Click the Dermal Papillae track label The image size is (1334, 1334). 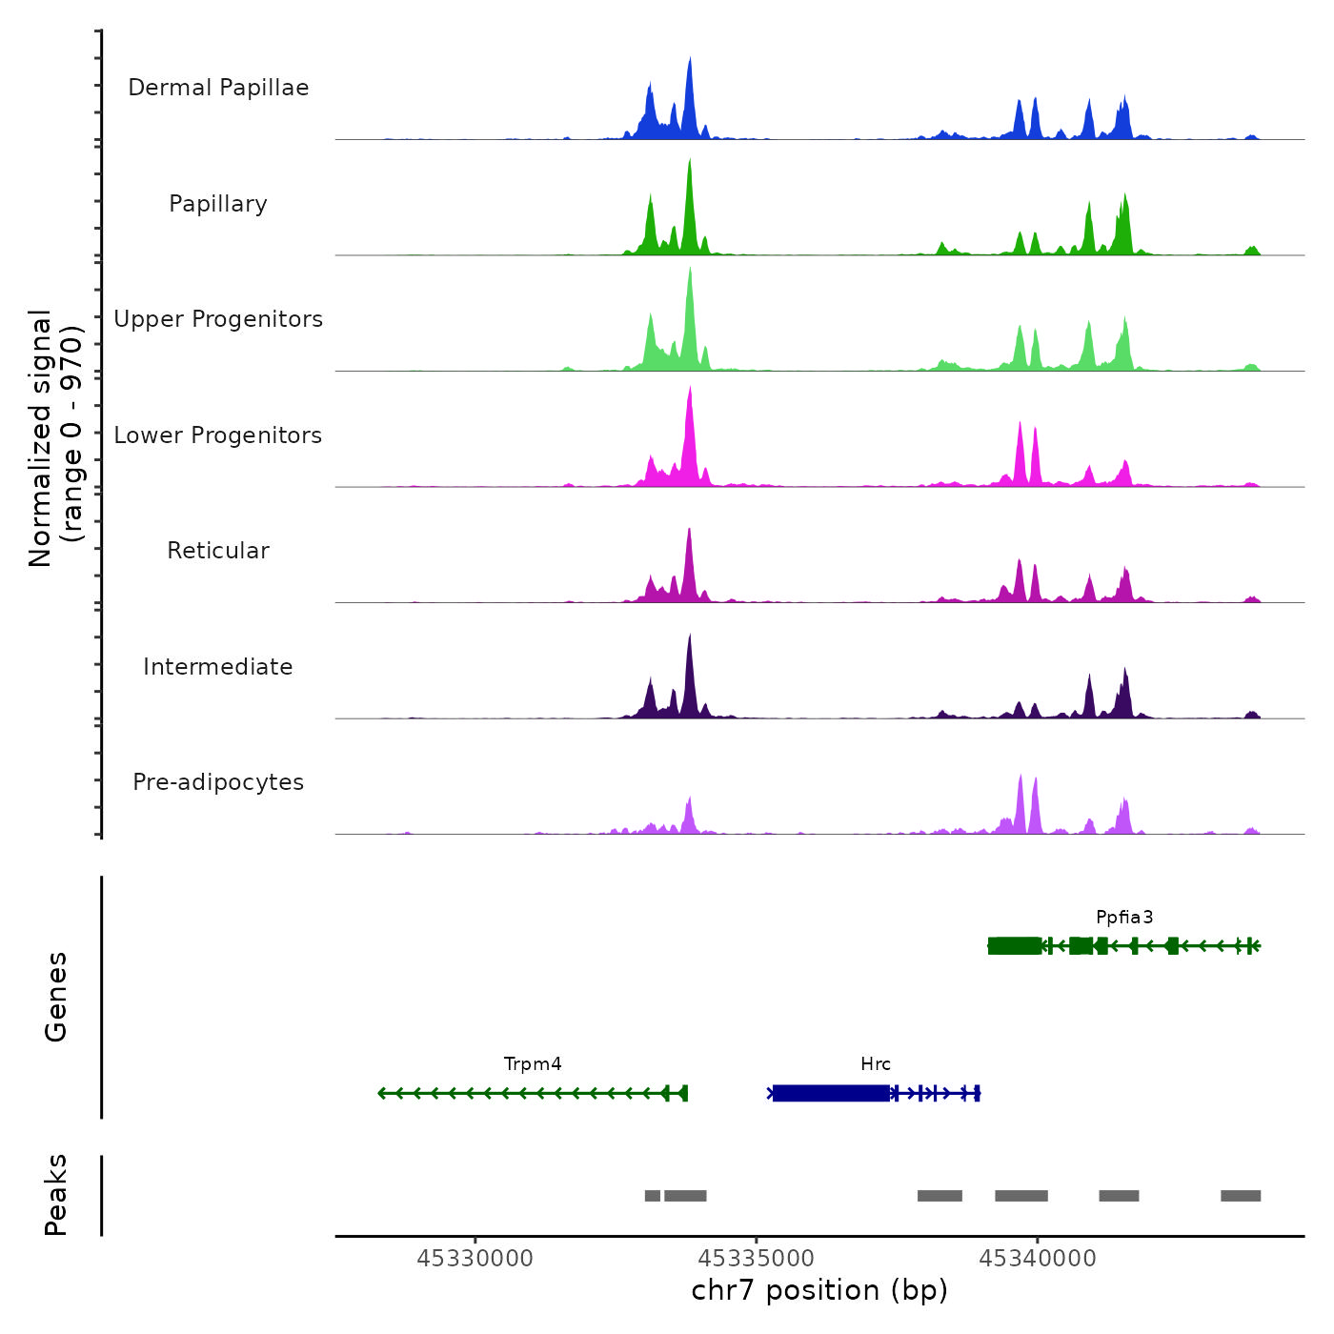[x=218, y=88]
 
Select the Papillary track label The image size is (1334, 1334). [x=218, y=204]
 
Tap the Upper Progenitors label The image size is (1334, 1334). [x=218, y=319]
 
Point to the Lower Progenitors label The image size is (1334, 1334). [x=218, y=435]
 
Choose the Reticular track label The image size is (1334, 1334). [x=218, y=551]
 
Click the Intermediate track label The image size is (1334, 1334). [x=218, y=667]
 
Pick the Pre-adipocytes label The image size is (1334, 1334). [x=218, y=782]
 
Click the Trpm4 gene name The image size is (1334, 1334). [x=533, y=1064]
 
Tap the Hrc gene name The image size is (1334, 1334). [x=876, y=1064]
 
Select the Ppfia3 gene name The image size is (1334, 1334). [x=1124, y=918]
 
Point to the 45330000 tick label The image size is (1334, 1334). [x=475, y=1259]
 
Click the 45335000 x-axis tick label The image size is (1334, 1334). [x=757, y=1259]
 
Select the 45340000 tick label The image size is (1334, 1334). [x=1038, y=1259]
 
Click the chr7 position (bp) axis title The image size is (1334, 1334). [x=819, y=1290]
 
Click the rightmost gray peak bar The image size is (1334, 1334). [x=1241, y=1196]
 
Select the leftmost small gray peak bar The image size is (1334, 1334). [x=653, y=1196]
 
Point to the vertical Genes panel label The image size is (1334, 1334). [x=56, y=997]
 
